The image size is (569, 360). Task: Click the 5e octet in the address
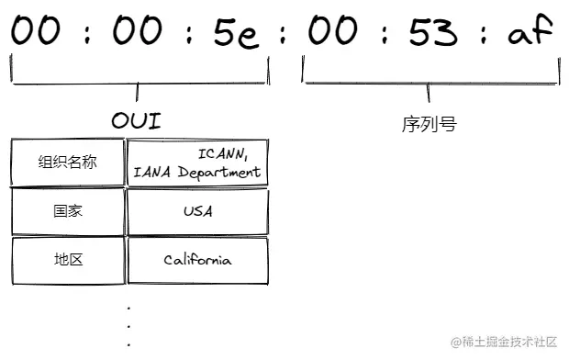coord(239,33)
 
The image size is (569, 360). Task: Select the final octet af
coord(530,33)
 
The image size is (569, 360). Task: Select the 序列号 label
coord(429,124)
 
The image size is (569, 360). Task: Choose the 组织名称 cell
coord(67,163)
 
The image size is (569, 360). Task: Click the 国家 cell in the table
coord(67,211)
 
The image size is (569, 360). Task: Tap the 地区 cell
coord(67,260)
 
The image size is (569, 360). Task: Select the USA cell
coord(197,211)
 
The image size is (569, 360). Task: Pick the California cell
coord(197,260)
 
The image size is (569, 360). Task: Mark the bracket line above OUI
coord(138,84)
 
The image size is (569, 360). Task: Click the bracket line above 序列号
coord(431,84)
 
